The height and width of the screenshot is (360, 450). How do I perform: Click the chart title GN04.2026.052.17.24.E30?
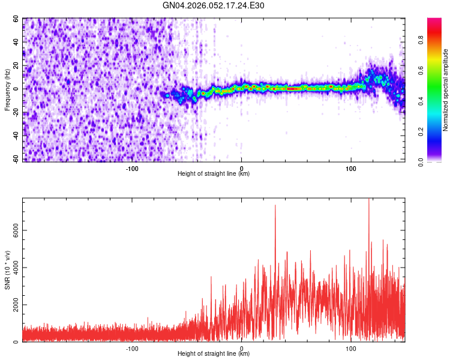(x=214, y=5)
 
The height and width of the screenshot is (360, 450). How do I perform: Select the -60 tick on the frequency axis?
(x=16, y=159)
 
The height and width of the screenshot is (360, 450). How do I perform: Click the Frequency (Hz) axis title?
(x=7, y=89)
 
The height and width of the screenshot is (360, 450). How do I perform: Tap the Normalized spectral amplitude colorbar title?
(x=446, y=90)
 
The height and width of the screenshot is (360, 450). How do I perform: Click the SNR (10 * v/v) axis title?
(x=7, y=271)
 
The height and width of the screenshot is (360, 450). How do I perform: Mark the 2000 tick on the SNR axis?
(x=13, y=305)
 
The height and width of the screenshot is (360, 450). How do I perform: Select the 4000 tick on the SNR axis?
(x=13, y=268)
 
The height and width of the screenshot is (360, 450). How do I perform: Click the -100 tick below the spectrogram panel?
(x=132, y=167)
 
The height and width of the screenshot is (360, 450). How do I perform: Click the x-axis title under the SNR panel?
(x=214, y=355)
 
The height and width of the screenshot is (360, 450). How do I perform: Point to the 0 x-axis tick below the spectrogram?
(x=241, y=167)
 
